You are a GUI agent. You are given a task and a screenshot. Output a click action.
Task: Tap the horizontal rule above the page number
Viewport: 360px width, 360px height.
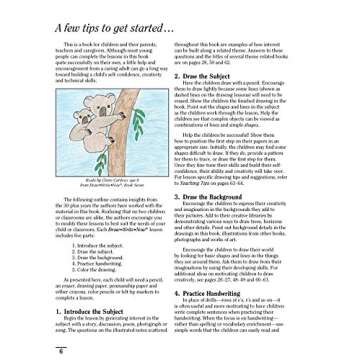pos(180,347)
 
